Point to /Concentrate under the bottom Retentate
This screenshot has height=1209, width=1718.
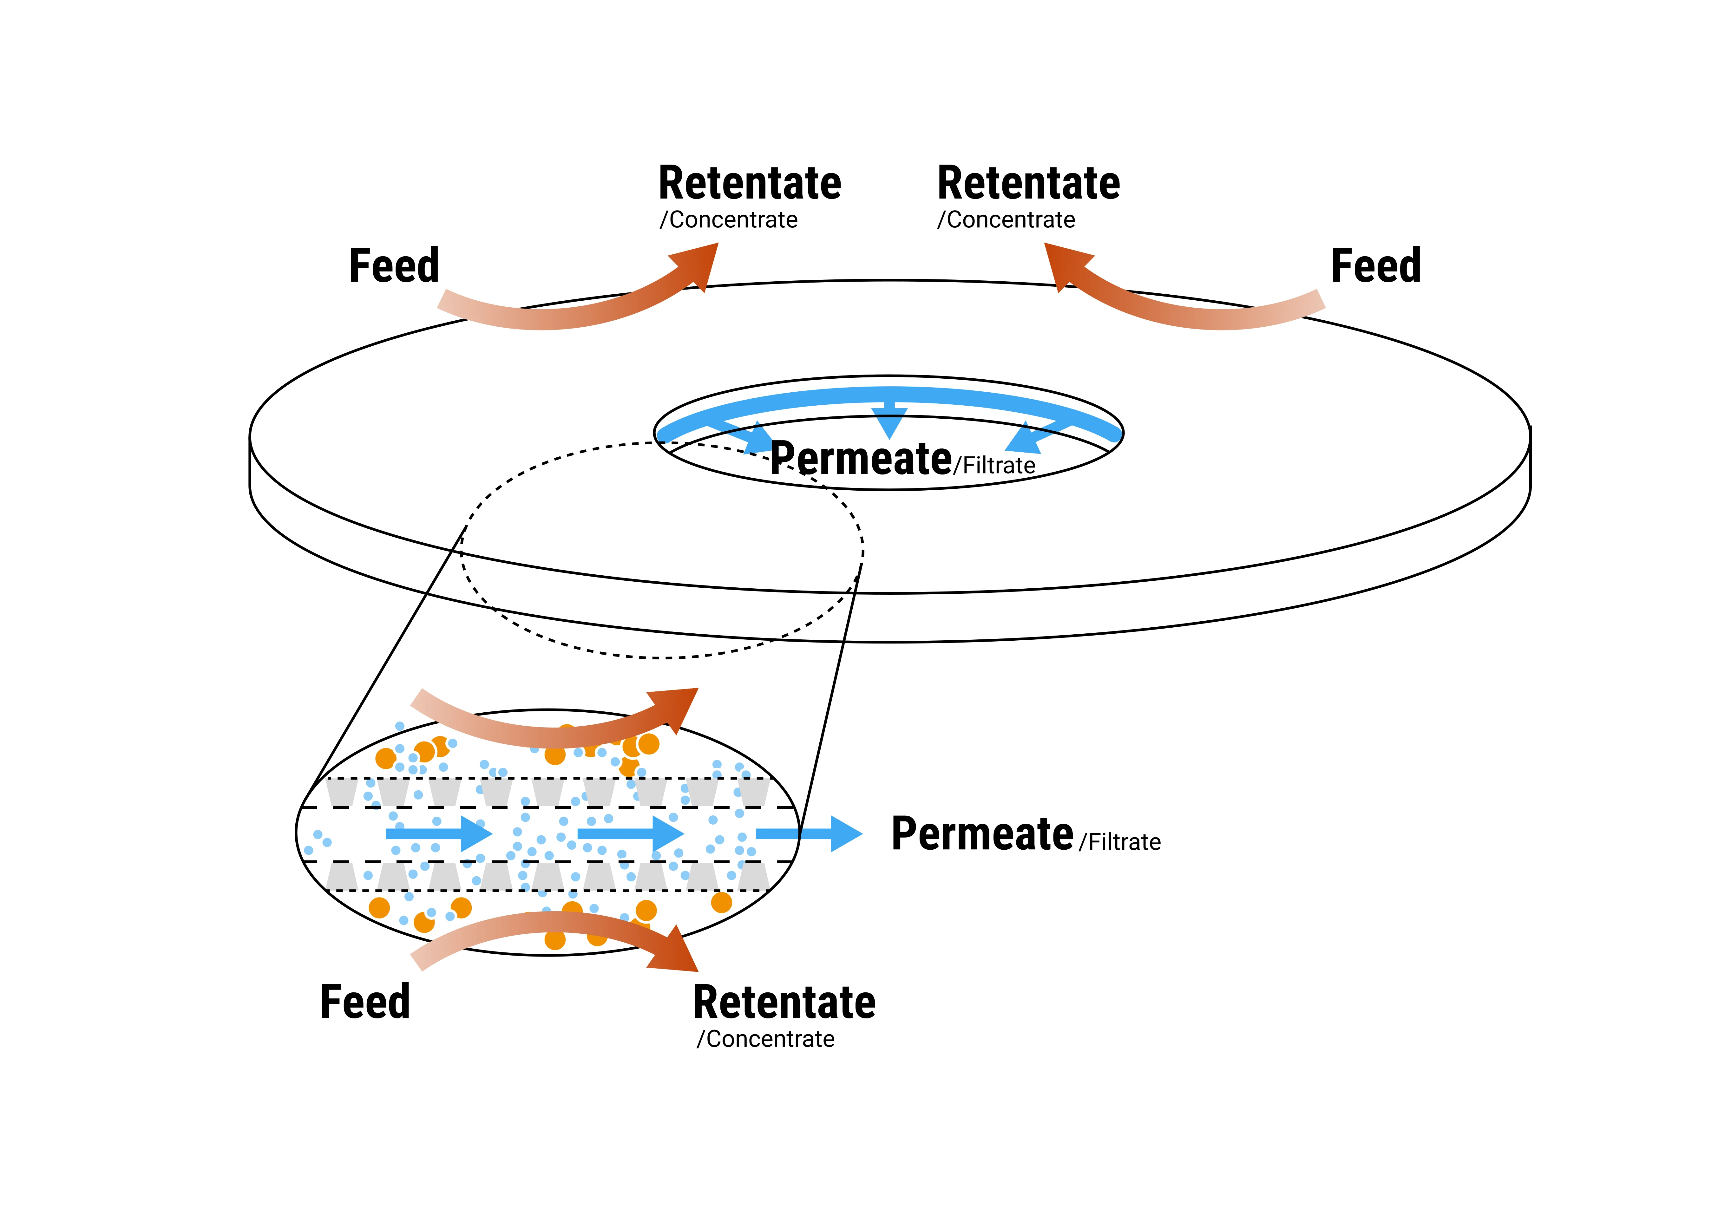[765, 1039]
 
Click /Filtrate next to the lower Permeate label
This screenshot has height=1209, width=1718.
[1119, 842]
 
